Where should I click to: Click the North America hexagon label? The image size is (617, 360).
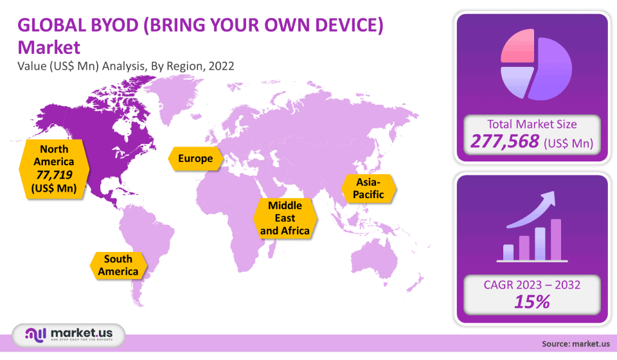click(54, 169)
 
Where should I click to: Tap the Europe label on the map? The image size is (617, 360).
click(195, 159)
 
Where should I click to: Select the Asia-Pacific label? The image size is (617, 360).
click(368, 188)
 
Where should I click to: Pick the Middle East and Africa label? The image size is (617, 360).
click(285, 218)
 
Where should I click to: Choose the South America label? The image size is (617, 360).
click(118, 265)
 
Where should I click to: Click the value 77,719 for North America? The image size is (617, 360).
click(54, 175)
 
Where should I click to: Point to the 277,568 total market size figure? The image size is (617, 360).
click(505, 141)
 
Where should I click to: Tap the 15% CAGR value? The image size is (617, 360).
click(532, 302)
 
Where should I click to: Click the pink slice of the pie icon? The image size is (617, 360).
click(517, 46)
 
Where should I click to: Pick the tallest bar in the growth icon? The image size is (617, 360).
click(556, 240)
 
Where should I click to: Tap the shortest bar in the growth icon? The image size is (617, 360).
click(508, 252)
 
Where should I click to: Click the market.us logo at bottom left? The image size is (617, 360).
click(69, 335)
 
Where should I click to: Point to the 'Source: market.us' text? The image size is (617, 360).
click(576, 344)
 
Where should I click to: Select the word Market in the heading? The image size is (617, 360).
click(49, 48)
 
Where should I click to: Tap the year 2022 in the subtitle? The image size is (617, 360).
click(221, 66)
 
